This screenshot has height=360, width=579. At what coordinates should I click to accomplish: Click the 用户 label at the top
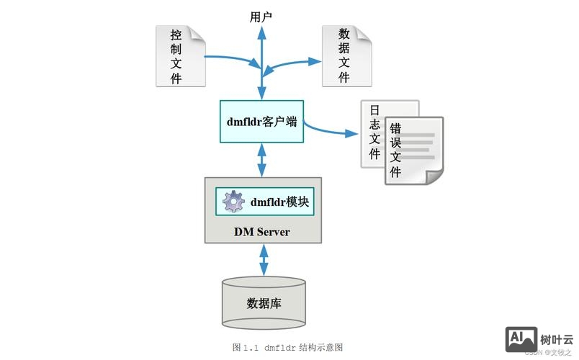click(261, 16)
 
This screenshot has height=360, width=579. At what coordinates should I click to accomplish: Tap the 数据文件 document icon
click(346, 56)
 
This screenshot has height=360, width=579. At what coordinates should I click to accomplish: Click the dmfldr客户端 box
click(261, 121)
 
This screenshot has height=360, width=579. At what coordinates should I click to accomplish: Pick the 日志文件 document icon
click(374, 133)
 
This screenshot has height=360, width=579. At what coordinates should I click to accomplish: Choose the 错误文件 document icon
click(413, 150)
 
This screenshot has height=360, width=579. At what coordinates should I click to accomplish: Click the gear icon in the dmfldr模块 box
click(233, 202)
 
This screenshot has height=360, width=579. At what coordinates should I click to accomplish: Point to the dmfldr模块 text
click(280, 202)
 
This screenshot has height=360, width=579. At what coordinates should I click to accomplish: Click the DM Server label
click(261, 232)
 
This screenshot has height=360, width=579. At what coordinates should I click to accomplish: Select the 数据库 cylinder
click(263, 302)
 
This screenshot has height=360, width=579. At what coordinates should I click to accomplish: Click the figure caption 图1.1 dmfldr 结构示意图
click(288, 347)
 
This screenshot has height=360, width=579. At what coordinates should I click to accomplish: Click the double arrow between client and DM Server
click(261, 159)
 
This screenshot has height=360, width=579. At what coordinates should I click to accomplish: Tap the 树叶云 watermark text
click(556, 338)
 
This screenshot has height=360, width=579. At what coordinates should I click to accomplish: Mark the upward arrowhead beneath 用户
click(261, 33)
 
